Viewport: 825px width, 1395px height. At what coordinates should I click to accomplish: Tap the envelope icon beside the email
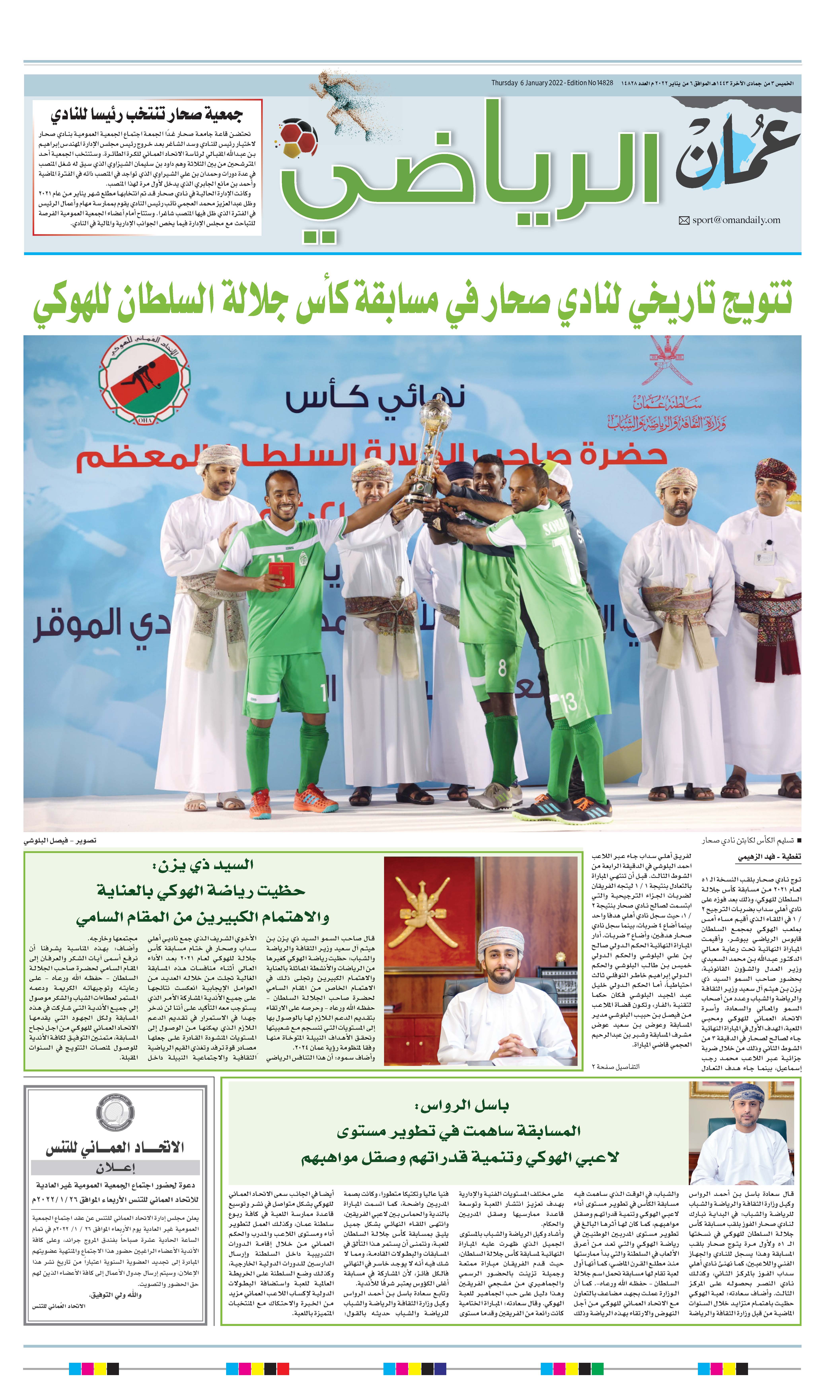684,221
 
